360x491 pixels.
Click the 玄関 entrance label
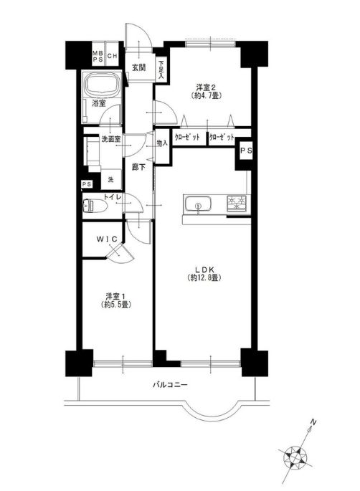[138, 68]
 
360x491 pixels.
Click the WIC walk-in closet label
[100, 237]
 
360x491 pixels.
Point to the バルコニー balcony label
[170, 385]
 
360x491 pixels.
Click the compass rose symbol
[295, 455]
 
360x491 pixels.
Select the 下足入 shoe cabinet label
[162, 68]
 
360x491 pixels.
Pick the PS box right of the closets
[245, 151]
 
